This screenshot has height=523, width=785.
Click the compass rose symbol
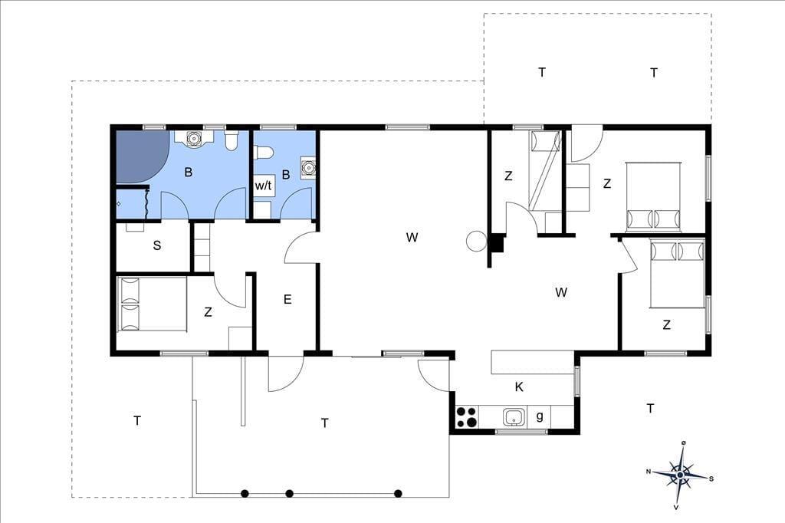tap(681, 474)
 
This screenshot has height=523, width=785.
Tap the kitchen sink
tap(514, 417)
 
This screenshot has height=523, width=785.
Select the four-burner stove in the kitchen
tap(467, 417)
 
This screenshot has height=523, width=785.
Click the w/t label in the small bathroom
tap(264, 186)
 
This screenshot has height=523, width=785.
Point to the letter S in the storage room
tap(157, 245)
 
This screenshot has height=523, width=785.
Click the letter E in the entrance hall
tap(287, 300)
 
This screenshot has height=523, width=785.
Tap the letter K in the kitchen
tap(519, 386)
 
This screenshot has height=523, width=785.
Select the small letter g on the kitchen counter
tap(540, 416)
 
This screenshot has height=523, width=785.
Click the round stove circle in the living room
tap(476, 241)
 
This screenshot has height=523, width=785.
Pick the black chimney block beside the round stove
tap(496, 244)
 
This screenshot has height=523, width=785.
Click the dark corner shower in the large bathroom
tap(140, 156)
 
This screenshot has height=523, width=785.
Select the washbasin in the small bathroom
tap(308, 167)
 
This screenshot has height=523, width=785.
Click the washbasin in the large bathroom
tap(192, 138)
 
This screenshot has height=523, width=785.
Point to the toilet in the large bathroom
tap(232, 141)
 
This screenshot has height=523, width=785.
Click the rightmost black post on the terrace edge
tap(398, 493)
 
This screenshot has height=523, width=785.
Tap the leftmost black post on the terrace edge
tap(245, 493)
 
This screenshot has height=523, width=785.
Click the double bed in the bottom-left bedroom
tap(152, 304)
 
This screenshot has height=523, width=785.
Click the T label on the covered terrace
tap(325, 423)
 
